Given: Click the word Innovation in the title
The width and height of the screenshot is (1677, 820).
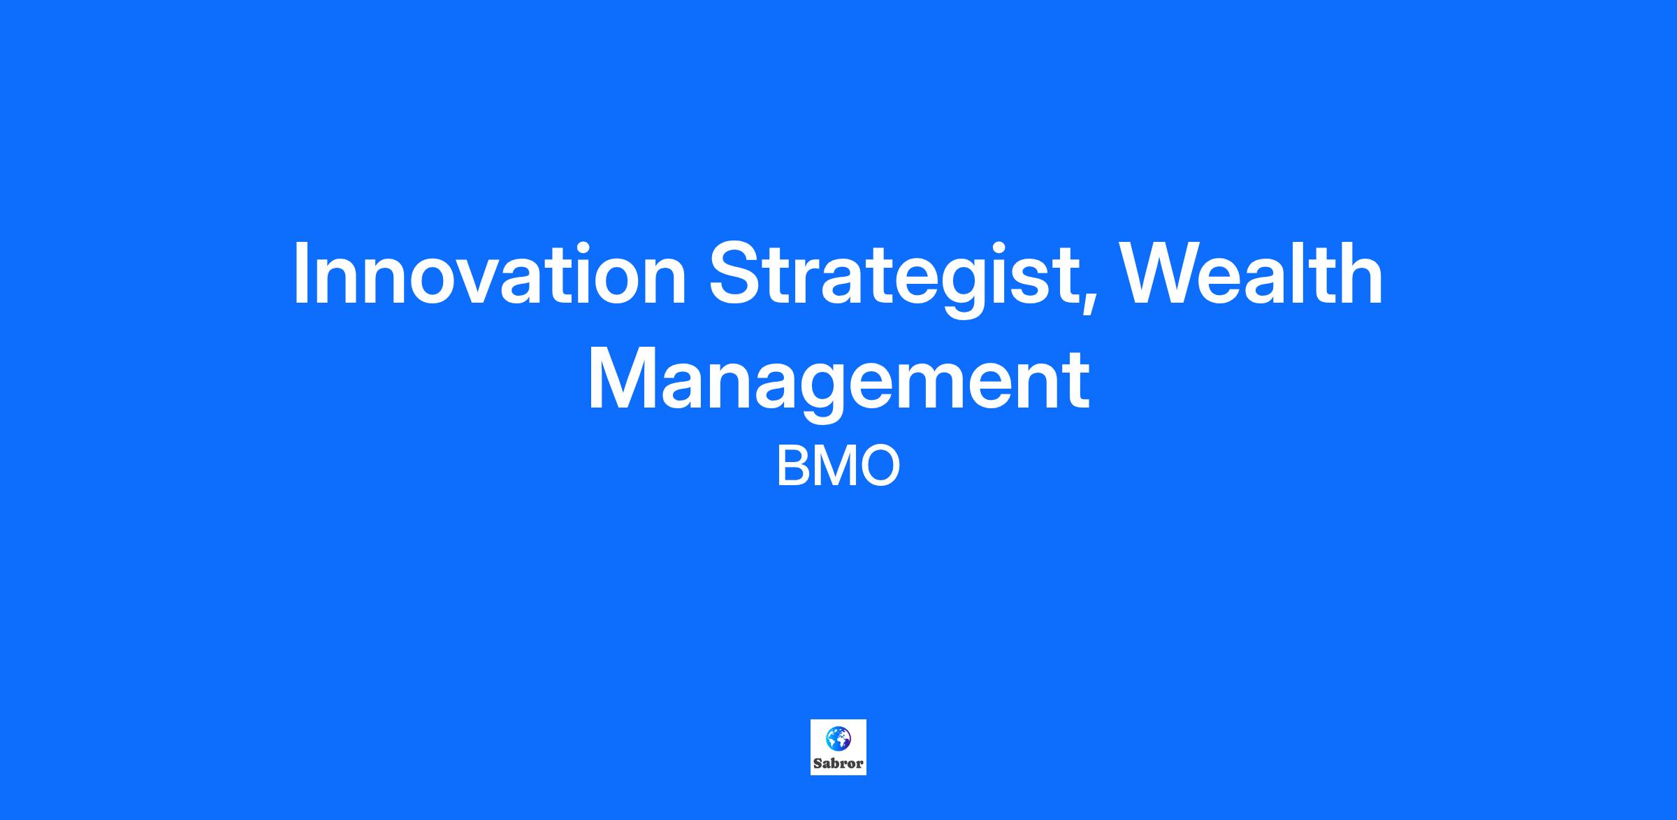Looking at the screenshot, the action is [x=490, y=273].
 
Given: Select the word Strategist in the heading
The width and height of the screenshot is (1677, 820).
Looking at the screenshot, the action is [x=892, y=279].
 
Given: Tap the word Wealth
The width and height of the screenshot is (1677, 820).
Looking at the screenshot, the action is [x=1251, y=273].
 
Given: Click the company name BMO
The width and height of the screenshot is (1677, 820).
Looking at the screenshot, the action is [x=838, y=467].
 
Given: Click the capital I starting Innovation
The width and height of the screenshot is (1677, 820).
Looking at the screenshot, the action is [x=301, y=273].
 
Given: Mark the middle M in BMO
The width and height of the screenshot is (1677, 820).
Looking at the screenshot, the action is [x=833, y=467].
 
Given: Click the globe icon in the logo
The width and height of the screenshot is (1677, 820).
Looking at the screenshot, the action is [x=838, y=738].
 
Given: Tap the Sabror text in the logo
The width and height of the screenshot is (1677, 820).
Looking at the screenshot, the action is [x=838, y=763].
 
